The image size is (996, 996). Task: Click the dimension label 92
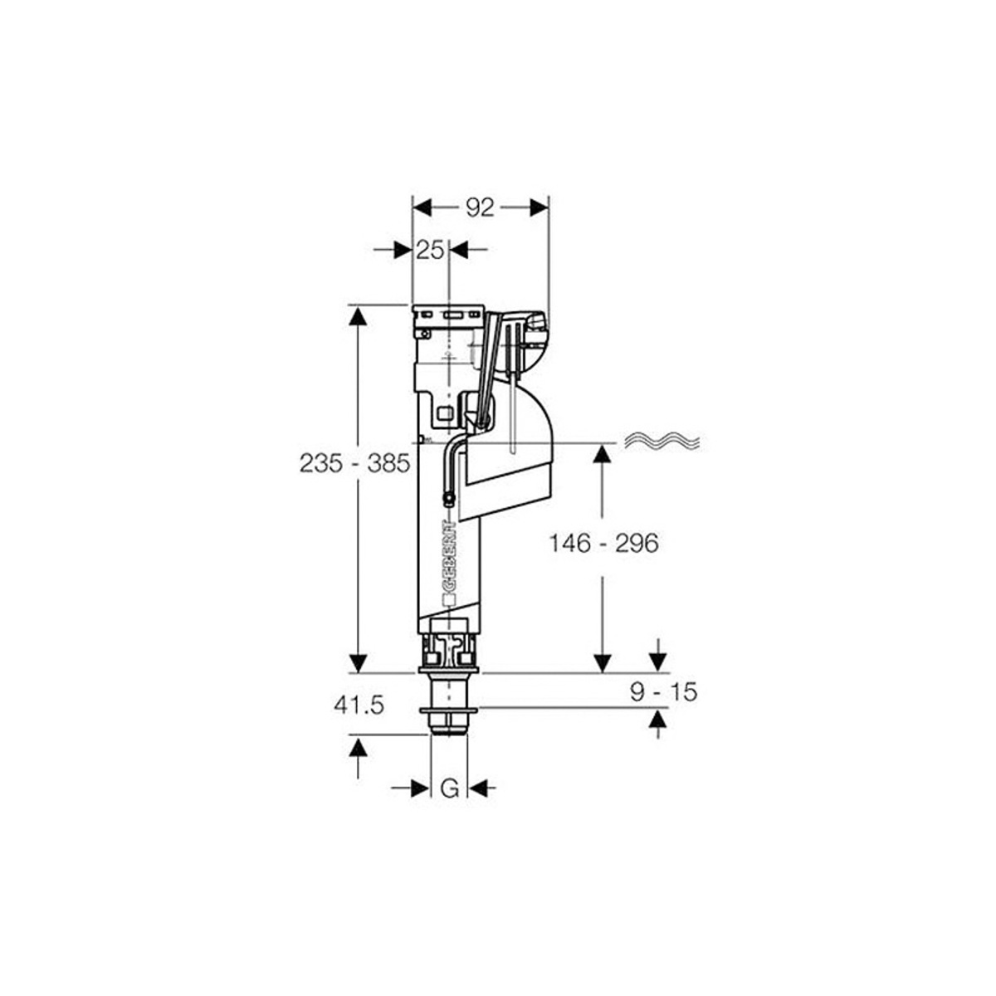point(481,207)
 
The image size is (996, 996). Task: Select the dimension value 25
point(430,251)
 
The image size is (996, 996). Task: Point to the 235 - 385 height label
point(354,464)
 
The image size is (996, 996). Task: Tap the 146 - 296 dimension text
point(603,543)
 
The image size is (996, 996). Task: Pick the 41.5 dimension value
point(359,706)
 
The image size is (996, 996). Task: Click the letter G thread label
point(449,788)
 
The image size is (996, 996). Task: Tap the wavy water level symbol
point(662,440)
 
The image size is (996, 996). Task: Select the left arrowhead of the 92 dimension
point(422,208)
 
